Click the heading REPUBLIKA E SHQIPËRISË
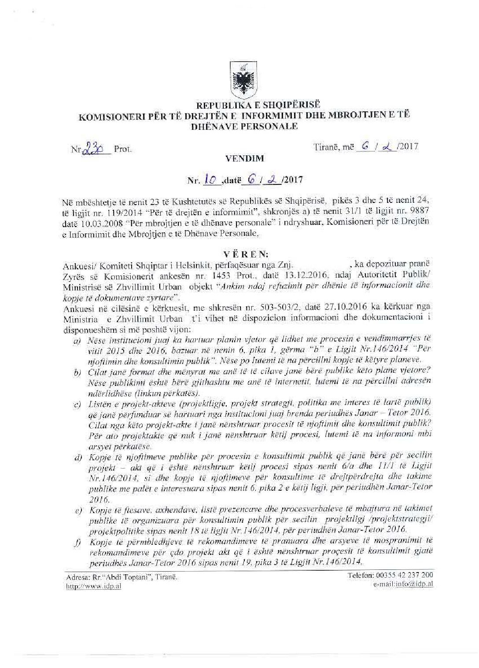[x=259, y=105]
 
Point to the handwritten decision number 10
[x=213, y=180]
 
